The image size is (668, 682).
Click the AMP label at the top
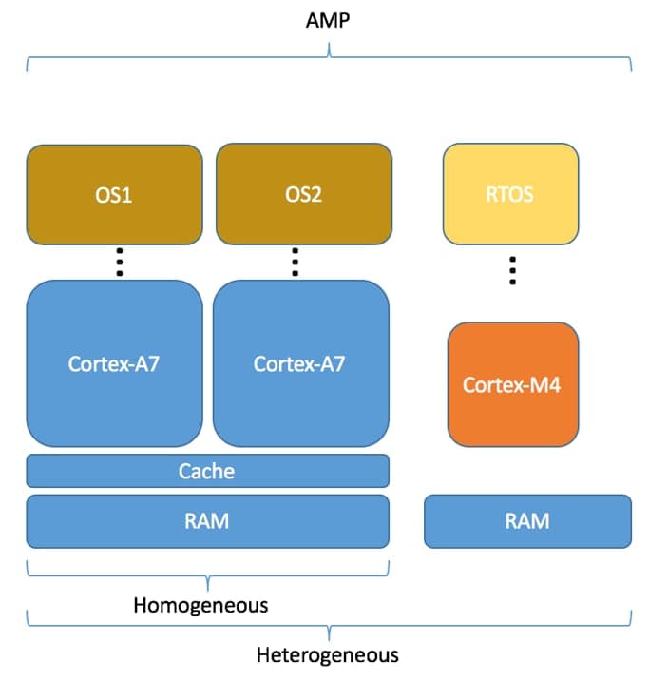tap(329, 19)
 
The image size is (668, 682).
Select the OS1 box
tap(114, 195)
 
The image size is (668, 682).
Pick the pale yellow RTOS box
tap(510, 195)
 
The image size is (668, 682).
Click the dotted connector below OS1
tap(120, 262)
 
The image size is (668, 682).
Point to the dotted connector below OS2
tap(296, 262)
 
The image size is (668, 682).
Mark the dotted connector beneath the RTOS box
tap(512, 270)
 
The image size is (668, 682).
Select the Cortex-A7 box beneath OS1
tap(114, 363)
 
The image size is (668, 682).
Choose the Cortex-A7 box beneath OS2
tap(300, 363)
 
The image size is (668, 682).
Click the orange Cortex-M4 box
tap(512, 384)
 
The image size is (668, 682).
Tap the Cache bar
tap(207, 471)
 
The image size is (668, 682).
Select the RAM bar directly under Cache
tap(207, 521)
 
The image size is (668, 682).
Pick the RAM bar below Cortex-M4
tap(527, 521)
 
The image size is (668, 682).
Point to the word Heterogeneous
tap(328, 655)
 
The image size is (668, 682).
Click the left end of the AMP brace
tap(28, 69)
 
